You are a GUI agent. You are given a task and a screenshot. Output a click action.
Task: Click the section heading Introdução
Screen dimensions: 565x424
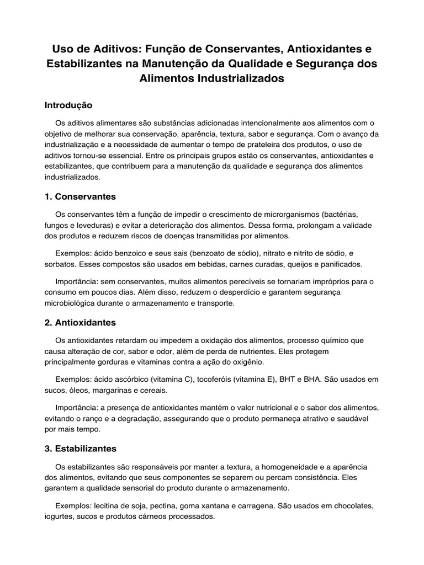click(x=68, y=105)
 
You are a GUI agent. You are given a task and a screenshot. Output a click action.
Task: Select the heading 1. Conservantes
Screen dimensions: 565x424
click(x=80, y=196)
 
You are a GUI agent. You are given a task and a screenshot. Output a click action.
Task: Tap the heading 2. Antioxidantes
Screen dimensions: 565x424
click(x=80, y=322)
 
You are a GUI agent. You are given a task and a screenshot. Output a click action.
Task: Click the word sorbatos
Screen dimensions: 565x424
click(x=60, y=264)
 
